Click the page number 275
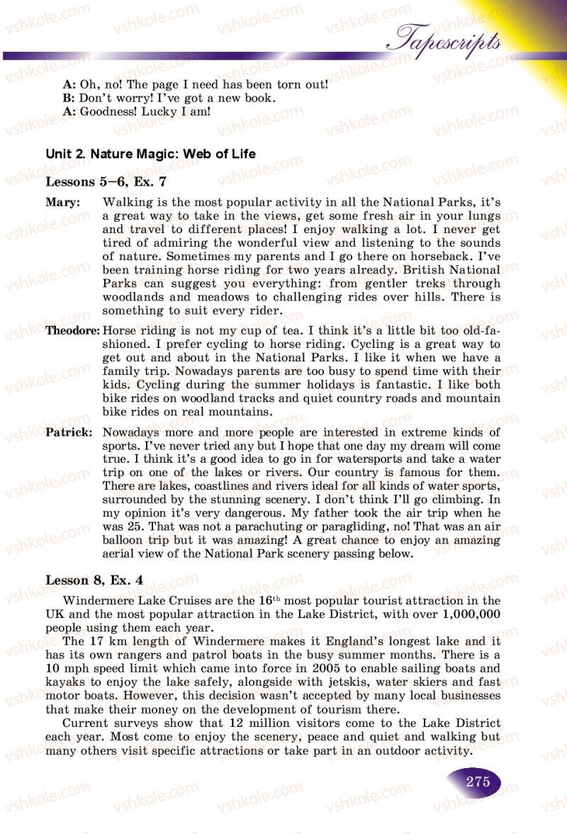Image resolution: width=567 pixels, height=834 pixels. coord(478,782)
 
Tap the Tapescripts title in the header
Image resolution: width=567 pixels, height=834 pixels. coord(448,39)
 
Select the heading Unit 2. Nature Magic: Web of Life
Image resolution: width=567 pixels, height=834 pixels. coord(150,154)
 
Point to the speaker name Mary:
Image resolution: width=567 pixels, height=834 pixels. coord(63,203)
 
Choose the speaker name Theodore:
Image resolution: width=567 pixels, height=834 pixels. coord(73,330)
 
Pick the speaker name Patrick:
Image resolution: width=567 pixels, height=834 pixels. coord(69,432)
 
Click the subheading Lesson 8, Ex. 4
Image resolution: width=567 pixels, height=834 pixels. coord(94,580)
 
